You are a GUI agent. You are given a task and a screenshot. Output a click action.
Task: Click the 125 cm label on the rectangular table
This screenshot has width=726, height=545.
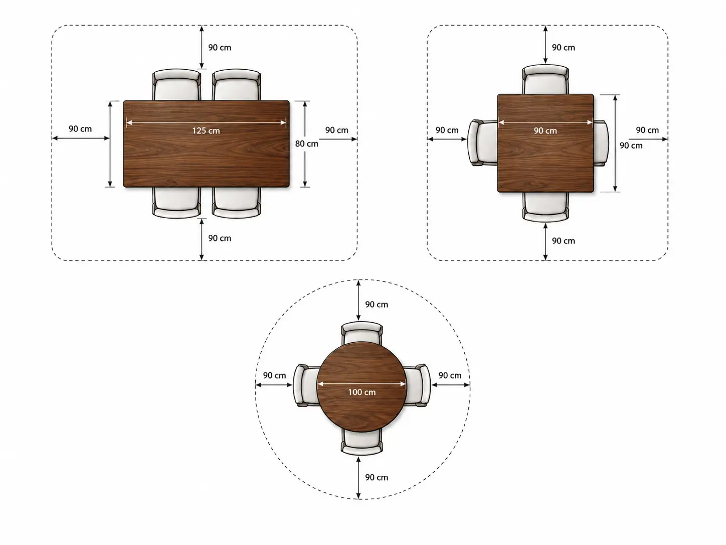tap(206, 130)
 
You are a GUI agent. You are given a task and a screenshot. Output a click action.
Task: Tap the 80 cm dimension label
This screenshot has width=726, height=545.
tap(307, 144)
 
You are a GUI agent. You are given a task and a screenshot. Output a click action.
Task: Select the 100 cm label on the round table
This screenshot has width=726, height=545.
tap(362, 392)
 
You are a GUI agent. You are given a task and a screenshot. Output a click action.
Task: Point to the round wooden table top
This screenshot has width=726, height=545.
tap(361, 387)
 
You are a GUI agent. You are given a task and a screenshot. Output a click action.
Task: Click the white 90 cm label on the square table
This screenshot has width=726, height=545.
tap(546, 130)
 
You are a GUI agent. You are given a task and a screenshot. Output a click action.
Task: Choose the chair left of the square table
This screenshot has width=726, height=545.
tap(483, 143)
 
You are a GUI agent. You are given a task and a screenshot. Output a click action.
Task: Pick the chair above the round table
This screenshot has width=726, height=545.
tap(362, 333)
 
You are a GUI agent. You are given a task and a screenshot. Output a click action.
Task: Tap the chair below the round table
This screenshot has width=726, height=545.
tap(362, 442)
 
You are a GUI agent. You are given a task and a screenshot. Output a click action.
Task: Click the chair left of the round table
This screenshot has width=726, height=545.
tap(306, 385)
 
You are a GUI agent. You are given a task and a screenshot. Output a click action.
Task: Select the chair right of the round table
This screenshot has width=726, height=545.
tap(418, 385)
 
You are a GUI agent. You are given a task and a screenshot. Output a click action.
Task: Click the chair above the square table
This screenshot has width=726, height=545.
tap(546, 79)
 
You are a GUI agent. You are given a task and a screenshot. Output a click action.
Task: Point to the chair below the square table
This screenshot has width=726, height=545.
tap(546, 207)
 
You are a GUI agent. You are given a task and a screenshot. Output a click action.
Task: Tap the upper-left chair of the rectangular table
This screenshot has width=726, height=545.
tap(176, 85)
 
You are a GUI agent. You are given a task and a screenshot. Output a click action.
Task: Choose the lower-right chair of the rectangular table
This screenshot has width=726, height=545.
tap(236, 203)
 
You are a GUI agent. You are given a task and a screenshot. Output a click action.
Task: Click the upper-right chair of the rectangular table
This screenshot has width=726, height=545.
tap(236, 85)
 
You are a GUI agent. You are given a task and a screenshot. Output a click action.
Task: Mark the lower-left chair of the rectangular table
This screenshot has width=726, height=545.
tap(176, 203)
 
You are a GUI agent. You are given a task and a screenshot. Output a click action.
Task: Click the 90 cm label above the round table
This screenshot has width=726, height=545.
tap(377, 305)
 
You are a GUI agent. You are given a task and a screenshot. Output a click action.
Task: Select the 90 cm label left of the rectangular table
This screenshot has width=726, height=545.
tap(80, 128)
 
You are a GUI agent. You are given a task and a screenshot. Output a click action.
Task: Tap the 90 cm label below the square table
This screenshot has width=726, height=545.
tap(564, 241)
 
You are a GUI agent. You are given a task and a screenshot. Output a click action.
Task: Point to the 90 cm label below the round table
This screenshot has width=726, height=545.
tap(377, 477)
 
